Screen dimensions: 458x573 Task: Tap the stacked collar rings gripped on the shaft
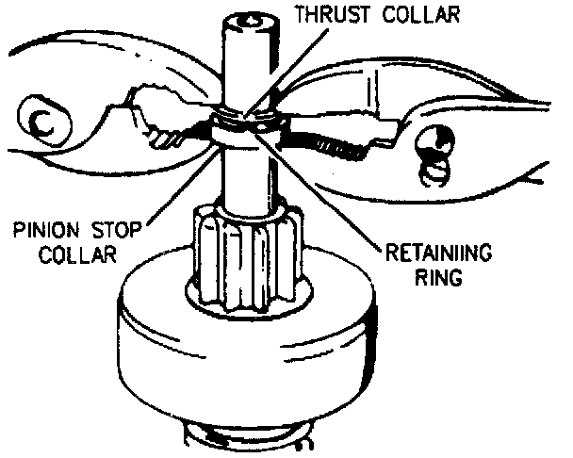point(242,129)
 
